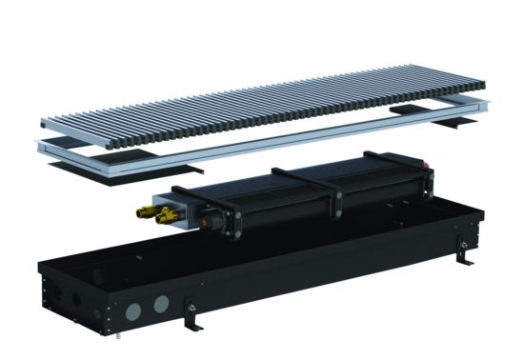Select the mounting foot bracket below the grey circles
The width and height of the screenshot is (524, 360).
pos(191,313)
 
